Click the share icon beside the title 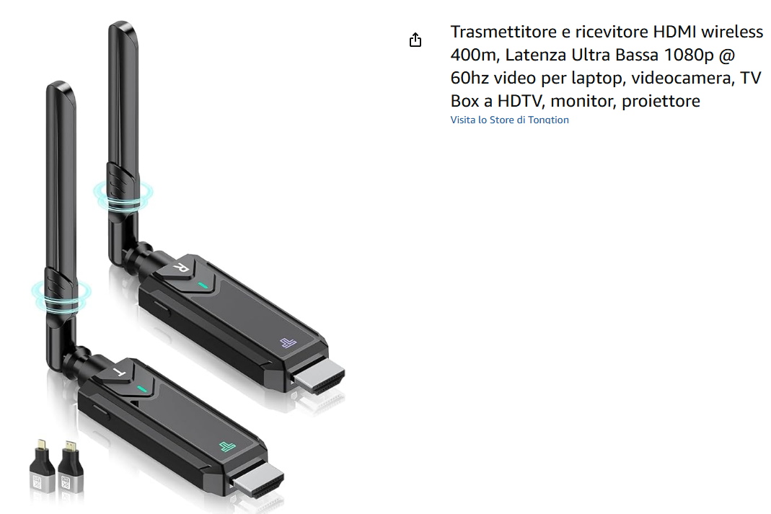(x=415, y=40)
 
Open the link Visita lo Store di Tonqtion (x=509, y=120)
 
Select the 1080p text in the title (x=688, y=55)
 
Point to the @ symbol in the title (x=727, y=55)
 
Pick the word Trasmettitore (x=503, y=32)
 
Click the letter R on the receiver (x=180, y=267)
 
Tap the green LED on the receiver (x=203, y=285)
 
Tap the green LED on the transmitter (x=142, y=389)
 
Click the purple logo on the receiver (x=288, y=342)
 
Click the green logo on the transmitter (x=227, y=446)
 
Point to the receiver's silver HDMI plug (x=320, y=376)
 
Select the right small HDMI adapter (x=71, y=467)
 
